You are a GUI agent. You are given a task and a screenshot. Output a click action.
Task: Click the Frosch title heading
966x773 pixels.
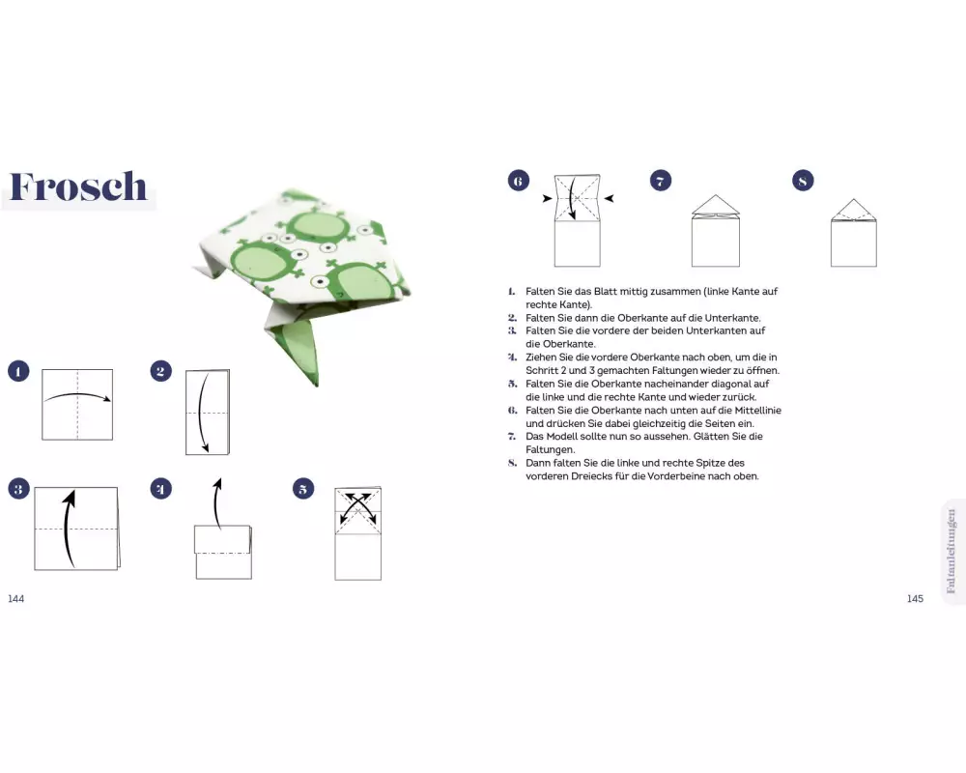[78, 186]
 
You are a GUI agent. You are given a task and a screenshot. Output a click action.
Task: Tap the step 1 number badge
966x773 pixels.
[18, 371]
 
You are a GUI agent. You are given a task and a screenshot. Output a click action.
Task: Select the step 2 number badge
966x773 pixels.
[160, 371]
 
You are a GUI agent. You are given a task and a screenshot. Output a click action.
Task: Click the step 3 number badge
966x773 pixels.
[18, 489]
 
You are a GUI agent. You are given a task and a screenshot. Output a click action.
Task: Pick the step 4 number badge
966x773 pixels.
[160, 489]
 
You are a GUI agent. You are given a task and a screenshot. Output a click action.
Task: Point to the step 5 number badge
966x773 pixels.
[303, 489]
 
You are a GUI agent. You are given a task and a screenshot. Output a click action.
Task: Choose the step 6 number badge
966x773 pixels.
[518, 181]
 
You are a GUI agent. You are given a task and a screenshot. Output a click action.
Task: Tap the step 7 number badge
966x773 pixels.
[661, 181]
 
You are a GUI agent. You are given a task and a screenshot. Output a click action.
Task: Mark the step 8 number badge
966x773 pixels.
[803, 181]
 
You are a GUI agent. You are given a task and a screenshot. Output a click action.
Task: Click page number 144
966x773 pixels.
[16, 598]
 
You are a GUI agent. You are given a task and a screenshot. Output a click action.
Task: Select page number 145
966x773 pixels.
[915, 598]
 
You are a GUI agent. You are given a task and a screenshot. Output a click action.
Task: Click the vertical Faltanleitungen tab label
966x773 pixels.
[952, 551]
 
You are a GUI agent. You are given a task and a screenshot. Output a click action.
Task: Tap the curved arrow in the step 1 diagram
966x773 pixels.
[77, 394]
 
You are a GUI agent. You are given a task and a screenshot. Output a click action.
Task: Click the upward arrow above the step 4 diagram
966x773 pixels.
[215, 502]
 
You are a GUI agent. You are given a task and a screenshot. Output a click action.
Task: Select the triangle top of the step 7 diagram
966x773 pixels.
[715, 205]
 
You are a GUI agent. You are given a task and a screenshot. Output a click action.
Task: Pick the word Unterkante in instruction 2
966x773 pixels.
[735, 318]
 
